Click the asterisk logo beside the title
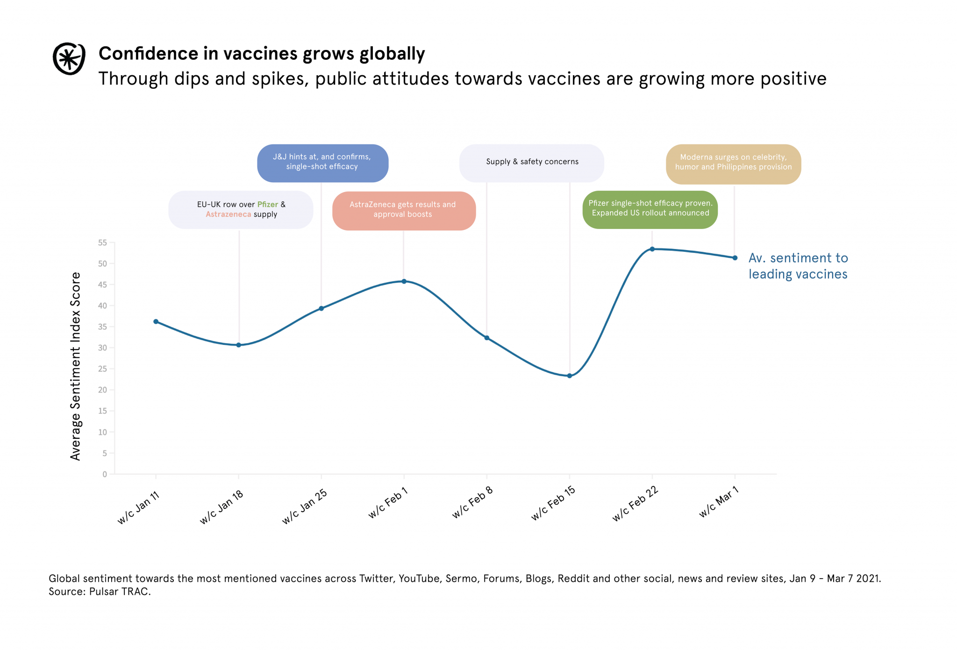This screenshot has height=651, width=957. click(x=69, y=59)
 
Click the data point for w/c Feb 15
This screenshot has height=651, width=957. click(x=569, y=376)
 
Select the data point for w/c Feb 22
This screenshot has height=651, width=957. click(x=652, y=249)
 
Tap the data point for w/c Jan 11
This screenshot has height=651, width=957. click(x=156, y=322)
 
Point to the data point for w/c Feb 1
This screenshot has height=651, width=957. click(x=404, y=281)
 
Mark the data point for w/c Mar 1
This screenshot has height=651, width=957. click(x=735, y=258)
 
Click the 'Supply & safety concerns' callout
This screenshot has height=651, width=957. click(x=532, y=162)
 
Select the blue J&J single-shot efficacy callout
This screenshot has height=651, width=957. click(x=322, y=162)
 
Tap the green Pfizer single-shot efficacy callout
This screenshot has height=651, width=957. click(x=650, y=208)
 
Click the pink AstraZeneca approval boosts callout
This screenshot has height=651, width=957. click(x=403, y=210)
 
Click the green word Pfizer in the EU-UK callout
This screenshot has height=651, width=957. click(x=267, y=205)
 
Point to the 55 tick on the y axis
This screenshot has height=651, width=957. click(x=102, y=243)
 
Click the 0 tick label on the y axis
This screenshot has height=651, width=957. click(x=105, y=474)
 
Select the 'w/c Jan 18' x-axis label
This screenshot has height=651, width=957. click(x=222, y=508)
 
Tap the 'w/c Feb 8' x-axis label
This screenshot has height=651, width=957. click(x=472, y=503)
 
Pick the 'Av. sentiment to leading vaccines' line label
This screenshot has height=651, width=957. click(x=798, y=266)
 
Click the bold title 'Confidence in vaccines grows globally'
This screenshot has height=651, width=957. click(x=262, y=54)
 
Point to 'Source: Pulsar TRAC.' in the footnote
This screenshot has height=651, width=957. click(x=100, y=592)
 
